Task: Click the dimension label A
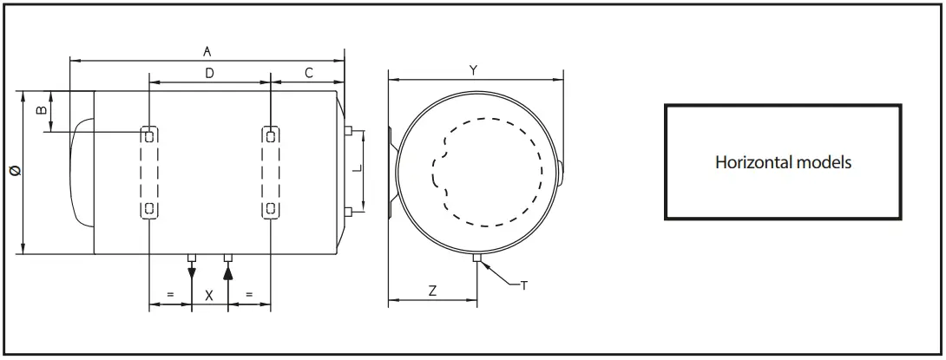pyautogui.click(x=207, y=52)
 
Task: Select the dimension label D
pyautogui.click(x=209, y=75)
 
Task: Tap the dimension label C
pyautogui.click(x=308, y=75)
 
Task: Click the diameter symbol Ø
pyautogui.click(x=12, y=173)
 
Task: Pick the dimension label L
pyautogui.click(x=357, y=171)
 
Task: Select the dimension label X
pyautogui.click(x=209, y=296)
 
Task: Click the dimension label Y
pyautogui.click(x=473, y=70)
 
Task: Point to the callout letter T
pyautogui.click(x=523, y=285)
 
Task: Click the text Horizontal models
pyautogui.click(x=783, y=162)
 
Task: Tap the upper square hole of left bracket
pyautogui.click(x=149, y=135)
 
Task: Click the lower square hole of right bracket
pyautogui.click(x=271, y=208)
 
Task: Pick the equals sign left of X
pyautogui.click(x=170, y=296)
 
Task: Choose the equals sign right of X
pyautogui.click(x=249, y=296)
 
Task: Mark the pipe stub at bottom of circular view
pyautogui.click(x=476, y=259)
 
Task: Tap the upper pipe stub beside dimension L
pyautogui.click(x=347, y=132)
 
